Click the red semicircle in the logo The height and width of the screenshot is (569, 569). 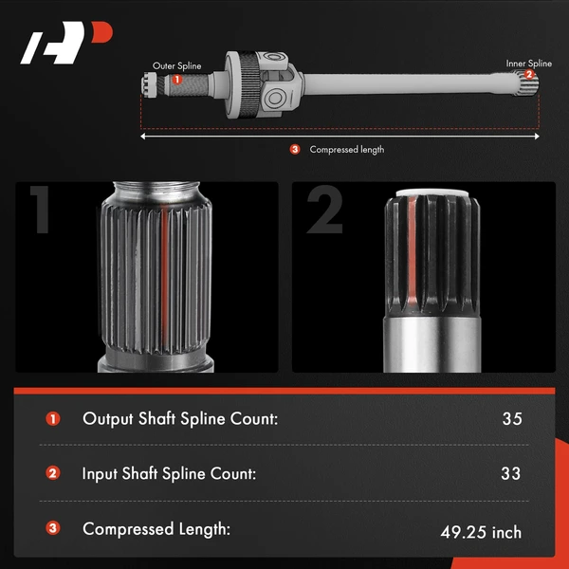[x=101, y=32]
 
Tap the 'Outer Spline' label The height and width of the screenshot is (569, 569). [x=176, y=66]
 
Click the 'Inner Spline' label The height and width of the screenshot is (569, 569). [x=529, y=64]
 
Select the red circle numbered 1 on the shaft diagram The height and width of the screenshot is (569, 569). [x=176, y=80]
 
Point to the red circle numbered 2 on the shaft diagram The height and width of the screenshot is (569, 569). [x=529, y=74]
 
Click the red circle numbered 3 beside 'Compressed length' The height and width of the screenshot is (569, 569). [x=295, y=149]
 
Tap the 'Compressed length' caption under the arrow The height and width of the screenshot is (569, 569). [x=346, y=150]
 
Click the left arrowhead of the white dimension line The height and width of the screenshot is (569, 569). [x=142, y=137]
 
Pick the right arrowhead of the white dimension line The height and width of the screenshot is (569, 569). [x=537, y=137]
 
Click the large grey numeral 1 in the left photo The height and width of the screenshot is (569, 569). [x=40, y=210]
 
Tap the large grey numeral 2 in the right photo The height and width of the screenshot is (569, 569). [x=324, y=210]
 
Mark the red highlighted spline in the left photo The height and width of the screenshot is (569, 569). [x=164, y=280]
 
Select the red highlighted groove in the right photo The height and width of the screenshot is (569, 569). [x=413, y=250]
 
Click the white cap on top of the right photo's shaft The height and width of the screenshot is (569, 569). [x=431, y=193]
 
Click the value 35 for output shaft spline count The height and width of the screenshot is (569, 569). [x=512, y=419]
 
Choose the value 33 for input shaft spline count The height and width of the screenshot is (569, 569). [x=510, y=473]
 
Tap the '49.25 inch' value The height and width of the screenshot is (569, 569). [x=481, y=532]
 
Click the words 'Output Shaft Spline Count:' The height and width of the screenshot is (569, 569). [x=180, y=419]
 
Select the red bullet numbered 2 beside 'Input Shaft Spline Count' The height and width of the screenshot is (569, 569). [x=52, y=473]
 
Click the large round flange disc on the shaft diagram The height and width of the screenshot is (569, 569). [x=238, y=84]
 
